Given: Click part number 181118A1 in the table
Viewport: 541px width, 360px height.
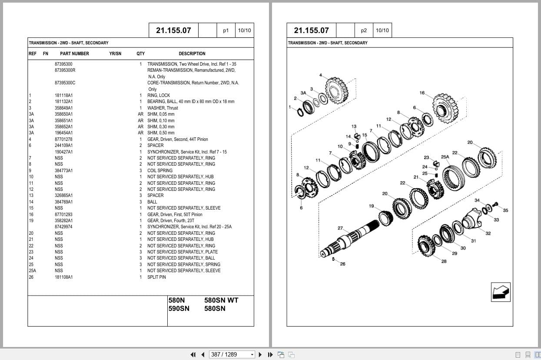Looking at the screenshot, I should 63,95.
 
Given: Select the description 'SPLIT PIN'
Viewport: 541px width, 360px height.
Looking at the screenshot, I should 156,277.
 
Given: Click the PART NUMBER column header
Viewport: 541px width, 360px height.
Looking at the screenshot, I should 74,53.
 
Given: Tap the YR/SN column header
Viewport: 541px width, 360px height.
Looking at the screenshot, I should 115,53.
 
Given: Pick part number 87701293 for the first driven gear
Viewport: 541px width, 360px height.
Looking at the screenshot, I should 63,214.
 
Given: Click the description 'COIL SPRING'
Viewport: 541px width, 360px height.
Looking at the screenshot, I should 159,170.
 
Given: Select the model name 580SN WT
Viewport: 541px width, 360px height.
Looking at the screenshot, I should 221,300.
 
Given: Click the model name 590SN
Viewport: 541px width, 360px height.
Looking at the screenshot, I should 179,309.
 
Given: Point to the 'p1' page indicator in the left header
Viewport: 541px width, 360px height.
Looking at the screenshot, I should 226,30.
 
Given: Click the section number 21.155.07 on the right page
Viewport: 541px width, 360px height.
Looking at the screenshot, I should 311,30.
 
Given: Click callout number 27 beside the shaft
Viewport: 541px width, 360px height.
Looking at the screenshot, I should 340,228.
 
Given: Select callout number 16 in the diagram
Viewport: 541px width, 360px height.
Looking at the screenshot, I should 422,93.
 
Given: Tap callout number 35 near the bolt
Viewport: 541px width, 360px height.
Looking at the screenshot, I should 505,210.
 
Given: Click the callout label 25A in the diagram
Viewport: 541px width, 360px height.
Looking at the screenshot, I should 445,157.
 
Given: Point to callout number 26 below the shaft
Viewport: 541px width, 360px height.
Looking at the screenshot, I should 342,264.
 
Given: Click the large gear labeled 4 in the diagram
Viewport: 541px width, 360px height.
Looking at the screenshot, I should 337,89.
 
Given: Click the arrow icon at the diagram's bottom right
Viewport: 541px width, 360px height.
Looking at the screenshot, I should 501,292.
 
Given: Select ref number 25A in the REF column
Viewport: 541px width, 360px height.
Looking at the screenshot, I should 33,270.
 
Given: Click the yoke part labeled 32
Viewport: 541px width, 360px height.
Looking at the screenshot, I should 474,222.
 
